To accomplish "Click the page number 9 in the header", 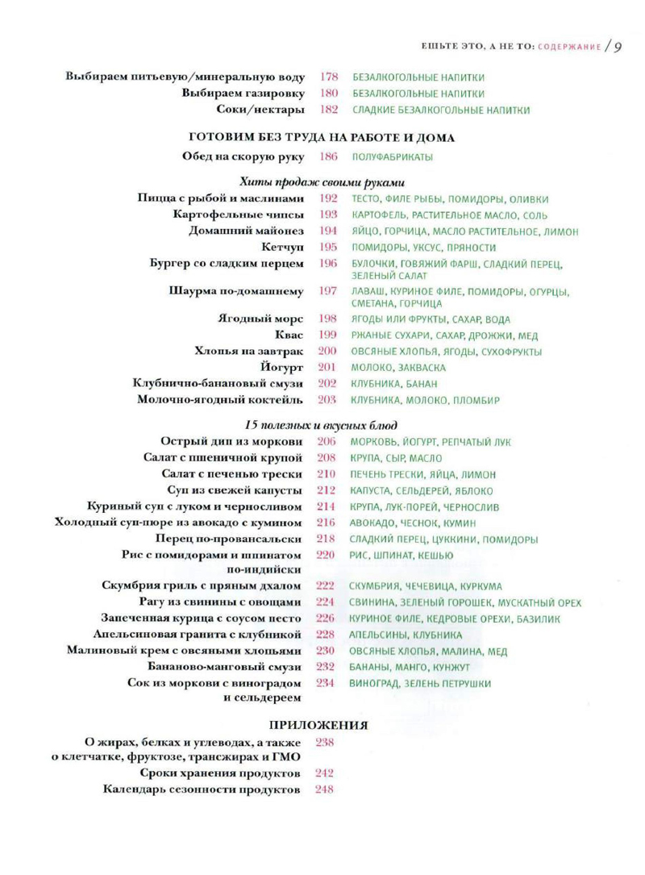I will click(617, 46).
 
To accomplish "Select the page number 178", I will click(328, 77).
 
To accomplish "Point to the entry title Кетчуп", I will click(282, 247).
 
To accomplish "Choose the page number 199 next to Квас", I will click(327, 335).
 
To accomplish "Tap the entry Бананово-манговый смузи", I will click(227, 666).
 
